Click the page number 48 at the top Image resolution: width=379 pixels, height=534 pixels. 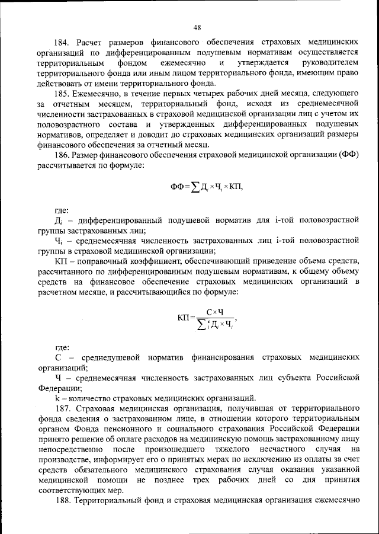pyautogui.click(x=197, y=27)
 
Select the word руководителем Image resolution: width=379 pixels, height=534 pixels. pyautogui.click(x=330, y=62)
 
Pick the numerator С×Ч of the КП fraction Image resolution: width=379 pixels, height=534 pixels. pyautogui.click(x=214, y=312)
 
